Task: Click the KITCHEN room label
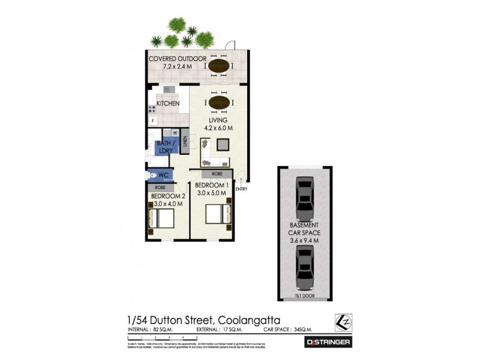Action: pyautogui.click(x=168, y=103)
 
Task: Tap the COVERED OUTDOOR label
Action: pyautogui.click(x=177, y=58)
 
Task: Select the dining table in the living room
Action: pyautogui.click(x=218, y=103)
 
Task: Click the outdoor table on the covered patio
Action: pyautogui.click(x=218, y=65)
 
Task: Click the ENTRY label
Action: pyautogui.click(x=241, y=189)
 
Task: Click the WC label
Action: pyautogui.click(x=163, y=176)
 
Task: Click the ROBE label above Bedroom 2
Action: pyautogui.click(x=160, y=187)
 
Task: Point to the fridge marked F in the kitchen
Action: pyautogui.click(x=153, y=121)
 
